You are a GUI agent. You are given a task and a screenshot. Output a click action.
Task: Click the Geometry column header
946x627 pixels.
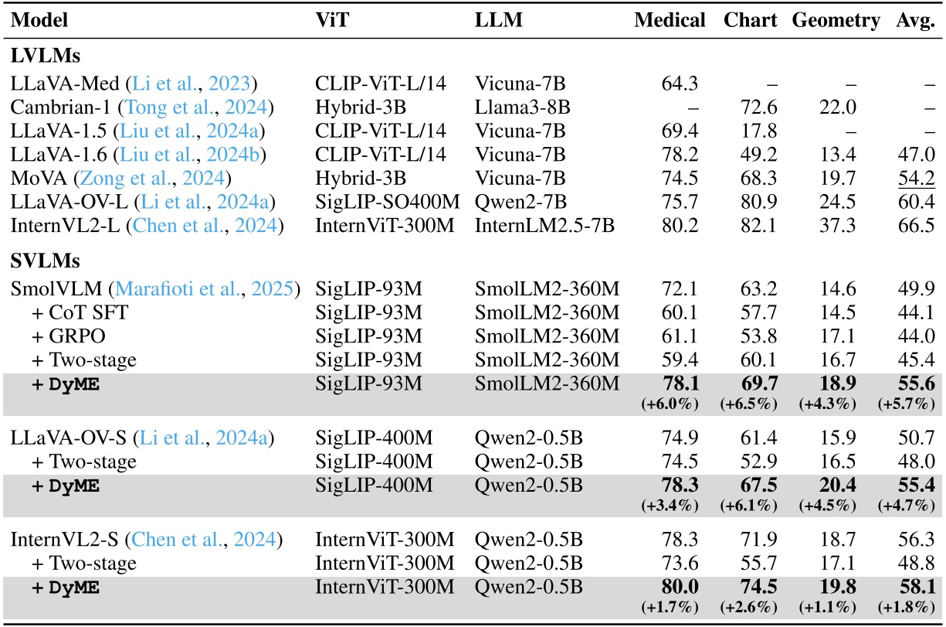click(836, 21)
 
